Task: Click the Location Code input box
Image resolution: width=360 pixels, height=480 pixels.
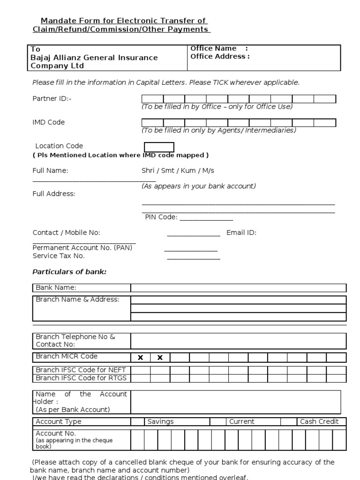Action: click(159, 147)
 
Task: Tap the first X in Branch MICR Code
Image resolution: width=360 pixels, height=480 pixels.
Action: click(140, 358)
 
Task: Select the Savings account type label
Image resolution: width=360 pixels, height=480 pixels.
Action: click(160, 421)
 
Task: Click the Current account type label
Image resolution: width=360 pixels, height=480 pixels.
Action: click(241, 421)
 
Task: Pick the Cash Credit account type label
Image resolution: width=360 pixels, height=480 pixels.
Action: click(319, 421)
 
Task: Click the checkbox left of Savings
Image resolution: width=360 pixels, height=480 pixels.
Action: click(137, 421)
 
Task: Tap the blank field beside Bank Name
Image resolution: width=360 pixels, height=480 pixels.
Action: click(238, 288)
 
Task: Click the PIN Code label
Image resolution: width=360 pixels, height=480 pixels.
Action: click(161, 217)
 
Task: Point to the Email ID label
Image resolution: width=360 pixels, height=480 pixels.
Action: click(241, 232)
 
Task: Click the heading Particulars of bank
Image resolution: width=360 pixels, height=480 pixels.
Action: click(69, 272)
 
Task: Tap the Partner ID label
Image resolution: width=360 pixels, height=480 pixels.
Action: click(52, 98)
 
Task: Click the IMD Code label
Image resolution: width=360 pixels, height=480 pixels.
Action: click(49, 122)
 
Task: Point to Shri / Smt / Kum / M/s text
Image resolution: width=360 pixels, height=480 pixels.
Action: click(178, 171)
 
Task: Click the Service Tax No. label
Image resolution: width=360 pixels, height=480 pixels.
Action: click(59, 256)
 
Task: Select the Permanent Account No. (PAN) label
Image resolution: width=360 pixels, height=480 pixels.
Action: click(82, 248)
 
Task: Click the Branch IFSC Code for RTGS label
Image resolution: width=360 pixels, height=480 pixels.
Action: click(81, 378)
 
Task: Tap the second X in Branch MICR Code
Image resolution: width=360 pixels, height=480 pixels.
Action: click(160, 358)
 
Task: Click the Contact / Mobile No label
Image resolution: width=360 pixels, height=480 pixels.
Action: click(66, 232)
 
